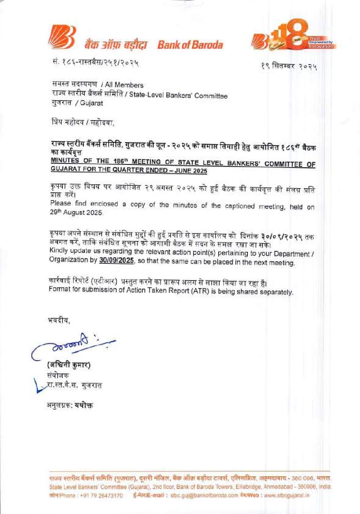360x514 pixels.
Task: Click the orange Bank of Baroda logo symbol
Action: tap(61, 37)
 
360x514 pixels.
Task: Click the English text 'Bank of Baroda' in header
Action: tap(190, 45)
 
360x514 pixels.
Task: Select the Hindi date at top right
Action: tap(289, 66)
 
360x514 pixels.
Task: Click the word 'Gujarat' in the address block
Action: tap(91, 103)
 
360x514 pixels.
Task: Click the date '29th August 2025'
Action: tap(76, 213)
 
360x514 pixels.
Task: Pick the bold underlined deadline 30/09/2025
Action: tap(116, 260)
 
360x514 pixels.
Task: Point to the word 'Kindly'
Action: tap(59, 250)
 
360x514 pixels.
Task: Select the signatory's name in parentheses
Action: tap(69, 365)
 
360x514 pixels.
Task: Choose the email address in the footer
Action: tap(204, 495)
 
